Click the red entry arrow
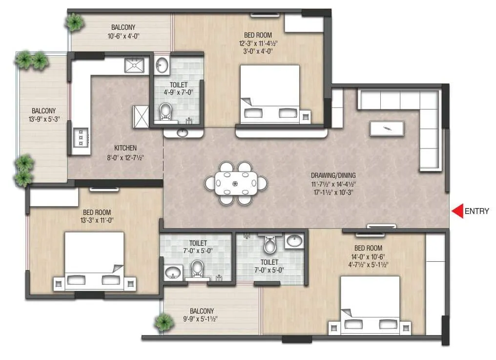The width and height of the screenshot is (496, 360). tap(456, 211)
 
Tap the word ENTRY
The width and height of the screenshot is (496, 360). tap(476, 212)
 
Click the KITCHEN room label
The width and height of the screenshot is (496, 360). tap(125, 148)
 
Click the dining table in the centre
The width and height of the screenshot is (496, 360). tap(236, 184)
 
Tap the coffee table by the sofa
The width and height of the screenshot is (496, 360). tap(387, 128)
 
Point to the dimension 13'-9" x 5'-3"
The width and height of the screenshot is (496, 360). tap(43, 120)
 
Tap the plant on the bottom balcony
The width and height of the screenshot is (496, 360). tap(164, 322)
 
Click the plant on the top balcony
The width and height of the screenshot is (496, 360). tap(75, 22)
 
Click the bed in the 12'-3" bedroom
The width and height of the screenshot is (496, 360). tap(270, 94)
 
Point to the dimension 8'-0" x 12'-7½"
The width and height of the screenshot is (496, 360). tap(125, 157)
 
